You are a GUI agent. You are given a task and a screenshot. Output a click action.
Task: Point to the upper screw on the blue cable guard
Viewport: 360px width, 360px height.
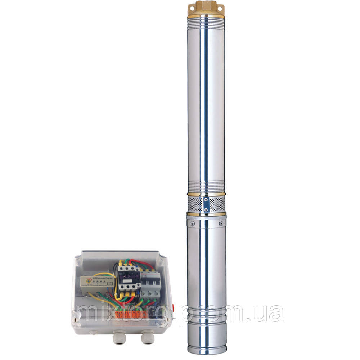tap(206, 199)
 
